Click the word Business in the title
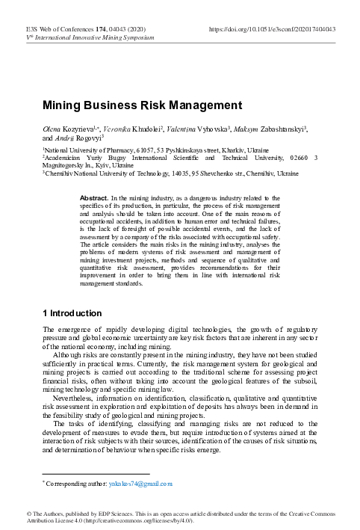(x=109, y=105)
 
